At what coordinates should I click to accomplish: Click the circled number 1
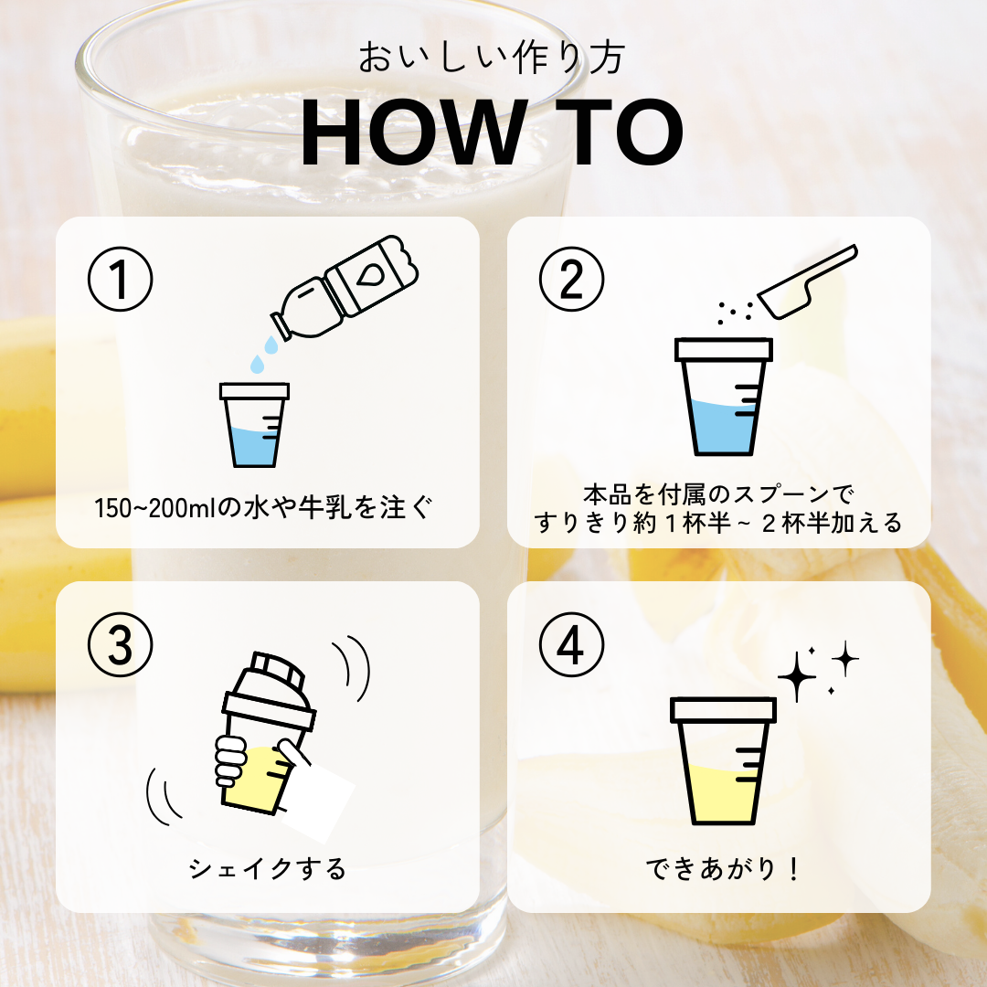coord(121,279)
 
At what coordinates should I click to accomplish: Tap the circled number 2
coord(571,279)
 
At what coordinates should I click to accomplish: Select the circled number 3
coord(121,644)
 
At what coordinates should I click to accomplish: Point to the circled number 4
coord(571,644)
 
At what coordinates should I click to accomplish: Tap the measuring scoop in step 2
coord(808,281)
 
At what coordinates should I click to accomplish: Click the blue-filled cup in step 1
coord(254,425)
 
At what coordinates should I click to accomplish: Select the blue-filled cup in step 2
coord(723,397)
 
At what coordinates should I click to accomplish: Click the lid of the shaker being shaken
coord(270,690)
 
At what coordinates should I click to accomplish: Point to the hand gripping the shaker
coord(231,761)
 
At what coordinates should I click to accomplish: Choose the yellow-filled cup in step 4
coord(723,761)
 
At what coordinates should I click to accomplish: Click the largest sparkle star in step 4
coord(797,676)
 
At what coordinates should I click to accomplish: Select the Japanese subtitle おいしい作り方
coord(492,58)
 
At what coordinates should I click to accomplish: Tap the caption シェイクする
coord(268,869)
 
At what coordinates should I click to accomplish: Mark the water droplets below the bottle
coord(264,355)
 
